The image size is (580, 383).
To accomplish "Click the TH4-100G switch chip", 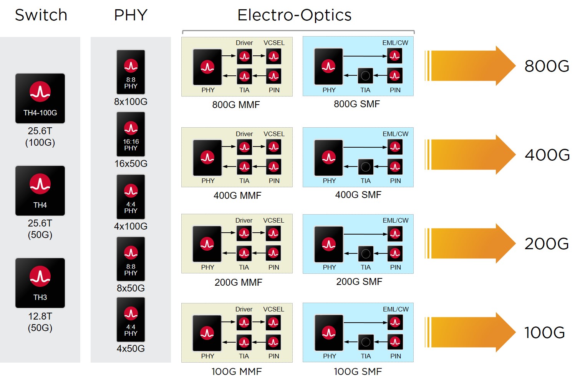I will tap(40, 98).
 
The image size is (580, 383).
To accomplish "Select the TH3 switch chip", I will tap(40, 283).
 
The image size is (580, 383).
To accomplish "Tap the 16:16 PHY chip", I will tap(131, 134).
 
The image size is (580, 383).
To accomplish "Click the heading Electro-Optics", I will tap(294, 15).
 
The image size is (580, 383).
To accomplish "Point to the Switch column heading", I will tap(41, 15).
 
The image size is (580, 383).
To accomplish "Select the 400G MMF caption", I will tap(237, 195).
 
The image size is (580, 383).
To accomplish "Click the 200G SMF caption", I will tap(359, 281).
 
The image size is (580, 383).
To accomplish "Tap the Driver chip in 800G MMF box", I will tap(244, 57).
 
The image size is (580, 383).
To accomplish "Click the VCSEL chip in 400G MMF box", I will tap(273, 147).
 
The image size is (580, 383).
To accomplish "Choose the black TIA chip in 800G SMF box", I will tap(365, 76).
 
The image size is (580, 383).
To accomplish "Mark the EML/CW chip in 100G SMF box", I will tap(395, 322).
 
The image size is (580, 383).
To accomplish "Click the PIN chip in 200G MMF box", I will tap(273, 253).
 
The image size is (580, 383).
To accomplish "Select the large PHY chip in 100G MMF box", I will tap(207, 333).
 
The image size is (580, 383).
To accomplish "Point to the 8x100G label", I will tap(131, 102).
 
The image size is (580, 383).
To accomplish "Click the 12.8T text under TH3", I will tap(40, 316).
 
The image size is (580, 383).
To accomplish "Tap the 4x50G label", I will tap(131, 348).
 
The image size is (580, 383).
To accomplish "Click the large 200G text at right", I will tap(547, 244).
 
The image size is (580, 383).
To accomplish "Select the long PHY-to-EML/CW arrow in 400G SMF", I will tap(365, 147).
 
